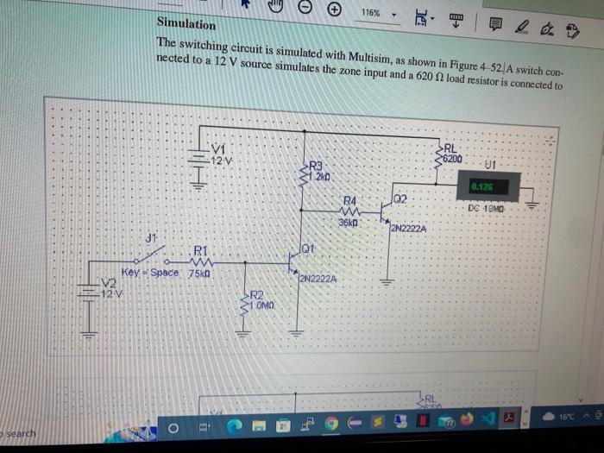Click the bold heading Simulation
tap(186, 25)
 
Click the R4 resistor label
tap(351, 199)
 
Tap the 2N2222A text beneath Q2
tap(410, 229)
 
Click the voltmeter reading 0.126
tap(482, 186)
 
